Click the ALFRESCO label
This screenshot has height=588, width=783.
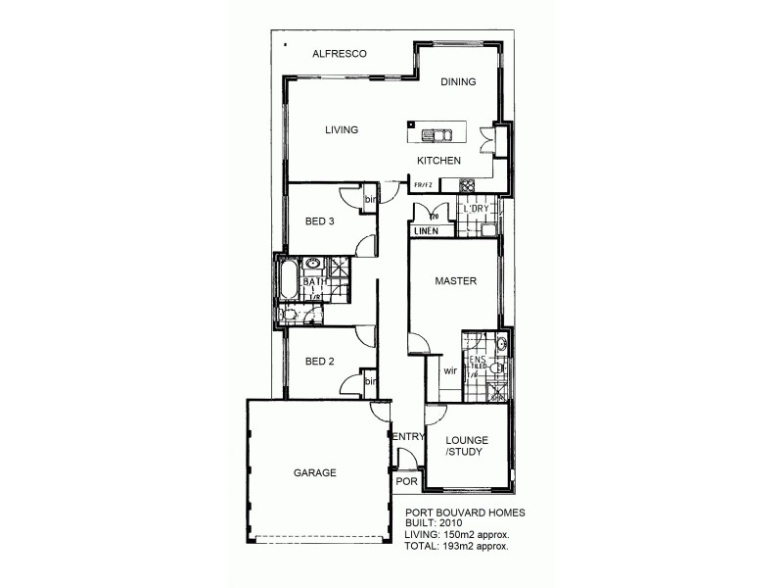339,54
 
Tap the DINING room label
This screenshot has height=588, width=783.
457,82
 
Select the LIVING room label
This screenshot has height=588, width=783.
342,129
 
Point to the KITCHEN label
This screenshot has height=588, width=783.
438,161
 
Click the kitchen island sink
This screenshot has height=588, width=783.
438,135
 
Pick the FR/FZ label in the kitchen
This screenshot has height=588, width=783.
423,184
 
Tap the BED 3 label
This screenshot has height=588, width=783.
320,221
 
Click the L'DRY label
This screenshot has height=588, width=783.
476,210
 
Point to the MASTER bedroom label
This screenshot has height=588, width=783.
455,281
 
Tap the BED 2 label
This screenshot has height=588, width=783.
320,362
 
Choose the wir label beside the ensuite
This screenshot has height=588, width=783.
450,371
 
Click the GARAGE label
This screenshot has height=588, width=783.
315,472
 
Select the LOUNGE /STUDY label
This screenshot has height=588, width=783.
467,447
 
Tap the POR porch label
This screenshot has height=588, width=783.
405,483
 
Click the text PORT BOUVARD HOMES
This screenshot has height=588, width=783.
465,513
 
